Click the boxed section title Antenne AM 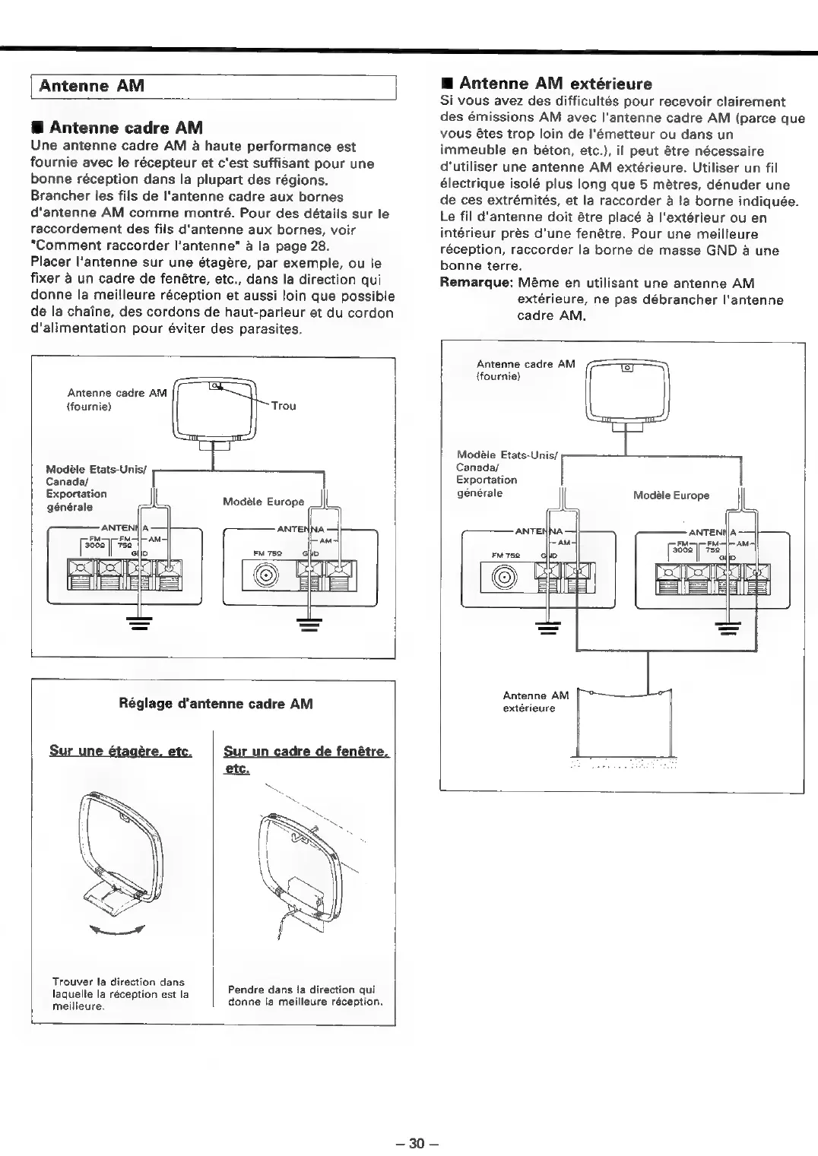point(91,86)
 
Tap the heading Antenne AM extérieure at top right point(556,83)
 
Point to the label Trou point(284,406)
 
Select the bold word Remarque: point(476,283)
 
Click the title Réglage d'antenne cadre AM point(217,704)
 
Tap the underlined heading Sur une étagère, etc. point(120,752)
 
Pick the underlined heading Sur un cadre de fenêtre point(306,752)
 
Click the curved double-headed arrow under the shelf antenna point(116,933)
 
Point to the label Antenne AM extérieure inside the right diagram point(535,702)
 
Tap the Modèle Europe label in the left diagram point(263,502)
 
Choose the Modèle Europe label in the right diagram point(671,496)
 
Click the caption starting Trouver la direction point(120,993)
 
